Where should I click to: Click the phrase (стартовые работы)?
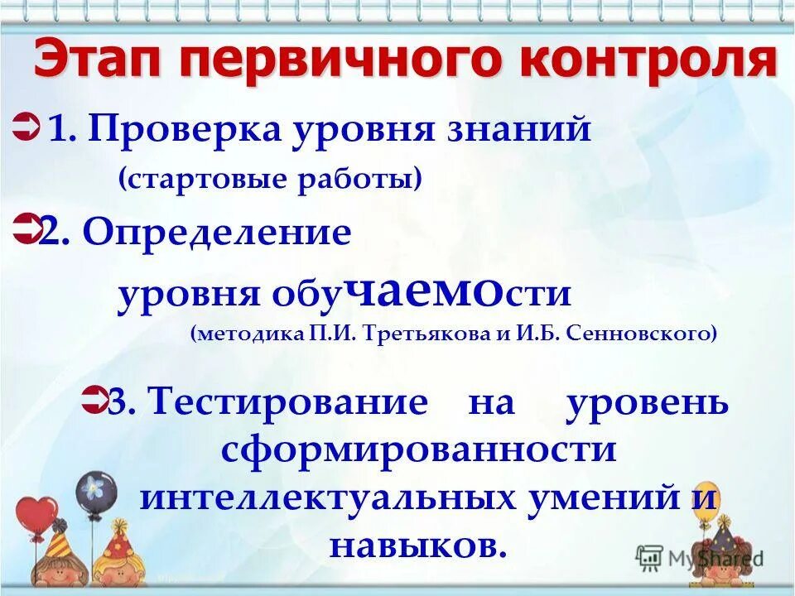point(269,178)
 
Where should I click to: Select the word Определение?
point(217,233)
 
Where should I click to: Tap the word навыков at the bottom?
point(417,544)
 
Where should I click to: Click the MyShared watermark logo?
point(700,556)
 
